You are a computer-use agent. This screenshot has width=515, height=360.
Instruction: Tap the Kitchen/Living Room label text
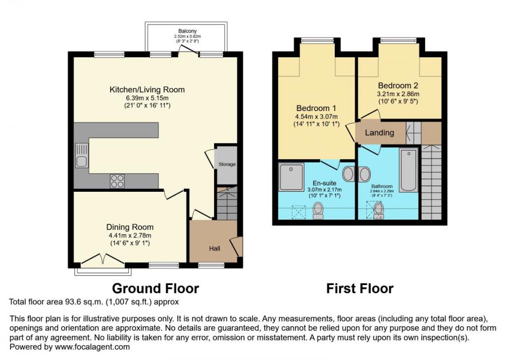147,90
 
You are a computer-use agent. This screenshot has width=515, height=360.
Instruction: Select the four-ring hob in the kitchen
117,181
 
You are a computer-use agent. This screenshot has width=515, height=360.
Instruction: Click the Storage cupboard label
227,165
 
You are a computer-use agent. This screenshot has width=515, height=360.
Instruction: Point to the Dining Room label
129,226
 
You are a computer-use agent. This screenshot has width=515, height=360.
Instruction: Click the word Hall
215,248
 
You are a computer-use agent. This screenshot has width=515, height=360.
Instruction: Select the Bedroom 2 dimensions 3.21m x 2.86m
398,94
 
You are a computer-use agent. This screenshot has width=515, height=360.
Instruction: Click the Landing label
380,133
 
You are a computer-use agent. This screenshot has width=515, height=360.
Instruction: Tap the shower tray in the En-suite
291,177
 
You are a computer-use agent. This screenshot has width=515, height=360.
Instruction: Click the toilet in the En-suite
318,211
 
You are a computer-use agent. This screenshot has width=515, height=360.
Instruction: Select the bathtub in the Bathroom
409,170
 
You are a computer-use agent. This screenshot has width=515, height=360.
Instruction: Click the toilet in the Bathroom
378,211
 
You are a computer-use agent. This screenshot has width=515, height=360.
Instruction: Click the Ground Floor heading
155,288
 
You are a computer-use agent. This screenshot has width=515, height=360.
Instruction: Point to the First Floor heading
360,288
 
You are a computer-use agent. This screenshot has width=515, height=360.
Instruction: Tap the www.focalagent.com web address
93,346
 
